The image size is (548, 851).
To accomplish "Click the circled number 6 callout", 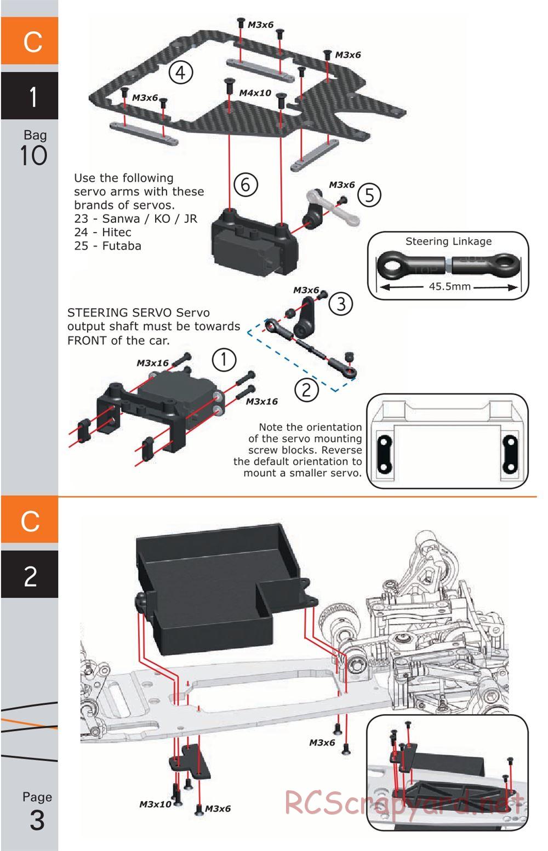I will pos(245,184).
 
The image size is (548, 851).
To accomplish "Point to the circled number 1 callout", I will pos(224,360).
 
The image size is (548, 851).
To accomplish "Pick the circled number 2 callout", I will pos(306,389).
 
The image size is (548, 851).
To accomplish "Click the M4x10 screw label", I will pos(255,93).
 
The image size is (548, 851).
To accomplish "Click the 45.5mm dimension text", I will pos(449,286).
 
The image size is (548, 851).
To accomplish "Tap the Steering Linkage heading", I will pos(448,241).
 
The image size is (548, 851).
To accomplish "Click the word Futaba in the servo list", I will pos(121,246).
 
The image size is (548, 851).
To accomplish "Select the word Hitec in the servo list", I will pos(116,232).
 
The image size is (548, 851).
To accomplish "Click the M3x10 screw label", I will pos(155,804).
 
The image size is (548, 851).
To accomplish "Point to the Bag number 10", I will pos(34,156).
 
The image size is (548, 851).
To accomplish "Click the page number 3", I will pos(37,820).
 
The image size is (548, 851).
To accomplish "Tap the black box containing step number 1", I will pos(30,96).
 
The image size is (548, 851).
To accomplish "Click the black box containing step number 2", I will pos(30,575).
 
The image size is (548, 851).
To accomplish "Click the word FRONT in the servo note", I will pos(87,340).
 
